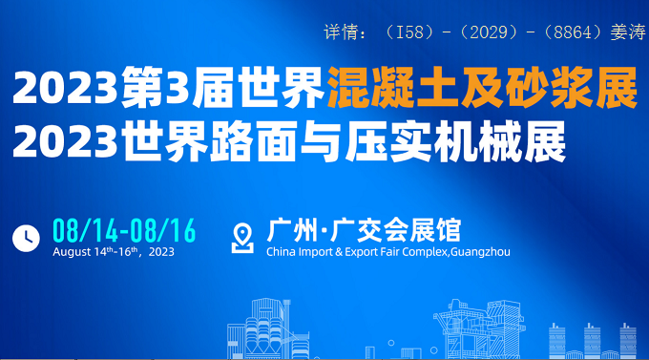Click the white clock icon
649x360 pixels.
point(26,237)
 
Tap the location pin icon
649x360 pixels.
point(244,237)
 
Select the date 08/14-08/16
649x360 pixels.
point(124,230)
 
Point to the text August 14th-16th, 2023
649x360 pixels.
point(113,253)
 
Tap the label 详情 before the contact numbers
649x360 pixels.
point(339,32)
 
